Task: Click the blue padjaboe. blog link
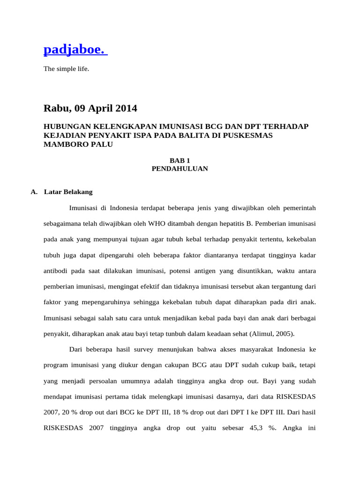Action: (75, 49)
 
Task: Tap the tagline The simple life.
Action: (66, 69)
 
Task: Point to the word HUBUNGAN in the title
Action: (63, 127)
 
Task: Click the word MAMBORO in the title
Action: (61, 144)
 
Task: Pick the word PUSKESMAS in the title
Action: (249, 135)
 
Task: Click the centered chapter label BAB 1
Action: (180, 160)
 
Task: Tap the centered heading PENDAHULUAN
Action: (180, 169)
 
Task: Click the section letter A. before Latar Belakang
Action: (34, 192)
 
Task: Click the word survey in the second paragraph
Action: (150, 350)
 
